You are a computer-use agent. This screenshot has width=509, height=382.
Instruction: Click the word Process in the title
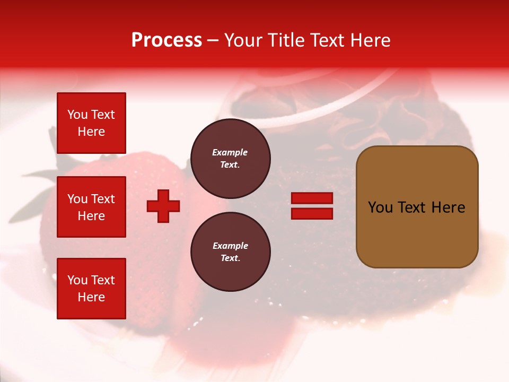tap(166, 40)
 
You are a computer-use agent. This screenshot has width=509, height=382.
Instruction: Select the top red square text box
tap(91, 123)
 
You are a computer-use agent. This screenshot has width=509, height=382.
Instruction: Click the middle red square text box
tap(91, 207)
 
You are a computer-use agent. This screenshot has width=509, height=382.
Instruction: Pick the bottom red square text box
tap(91, 289)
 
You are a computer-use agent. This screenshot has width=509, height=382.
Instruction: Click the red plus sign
tap(163, 206)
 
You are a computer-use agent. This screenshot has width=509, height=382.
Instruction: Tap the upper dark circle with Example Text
tap(230, 159)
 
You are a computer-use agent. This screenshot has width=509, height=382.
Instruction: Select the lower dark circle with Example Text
tap(230, 252)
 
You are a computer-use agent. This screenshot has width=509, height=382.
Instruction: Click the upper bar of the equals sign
tap(312, 198)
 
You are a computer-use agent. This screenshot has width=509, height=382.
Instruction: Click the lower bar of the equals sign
tap(312, 213)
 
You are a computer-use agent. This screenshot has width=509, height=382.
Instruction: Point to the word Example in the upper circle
tap(230, 152)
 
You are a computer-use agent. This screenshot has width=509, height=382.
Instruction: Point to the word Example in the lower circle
tap(230, 246)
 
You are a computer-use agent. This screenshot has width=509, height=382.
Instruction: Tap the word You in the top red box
tap(77, 115)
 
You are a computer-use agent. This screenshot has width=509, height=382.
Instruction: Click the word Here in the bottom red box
tap(91, 297)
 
